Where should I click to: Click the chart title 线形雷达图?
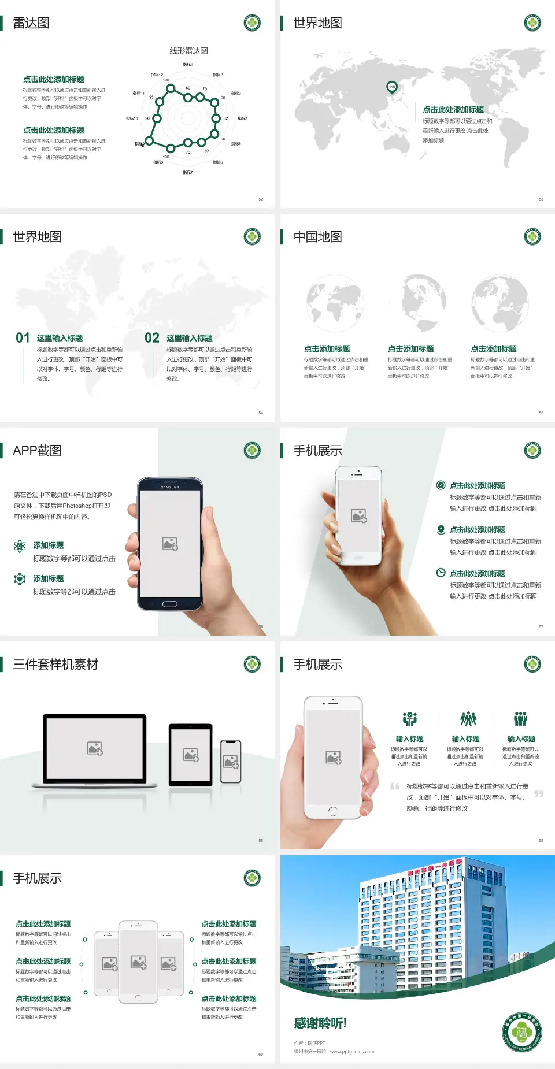tap(188, 51)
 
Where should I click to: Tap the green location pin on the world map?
tap(391, 87)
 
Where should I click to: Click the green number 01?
tap(23, 338)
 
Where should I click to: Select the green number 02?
tap(152, 338)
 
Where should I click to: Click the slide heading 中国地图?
tap(317, 237)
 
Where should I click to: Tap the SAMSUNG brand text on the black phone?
tap(170, 487)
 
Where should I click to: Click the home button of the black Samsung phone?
tap(169, 604)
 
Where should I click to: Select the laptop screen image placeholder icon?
tap(95, 748)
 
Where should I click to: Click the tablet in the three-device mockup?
tap(191, 754)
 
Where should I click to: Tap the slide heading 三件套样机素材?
tap(55, 665)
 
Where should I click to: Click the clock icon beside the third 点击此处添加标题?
tap(441, 573)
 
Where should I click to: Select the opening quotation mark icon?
tap(395, 786)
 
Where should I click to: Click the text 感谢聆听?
tap(320, 1023)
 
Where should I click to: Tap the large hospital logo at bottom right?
tap(522, 1032)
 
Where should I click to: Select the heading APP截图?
tap(37, 451)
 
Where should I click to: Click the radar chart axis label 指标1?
tap(188, 65)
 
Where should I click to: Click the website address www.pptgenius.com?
tap(352, 1052)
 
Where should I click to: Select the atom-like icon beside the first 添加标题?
tap(20, 546)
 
